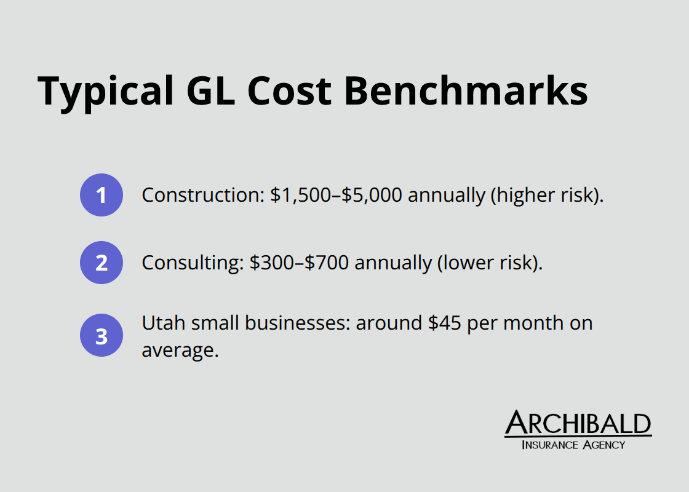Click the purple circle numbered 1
[102, 196]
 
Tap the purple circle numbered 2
[102, 263]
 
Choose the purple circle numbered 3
[102, 336]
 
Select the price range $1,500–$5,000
[337, 196]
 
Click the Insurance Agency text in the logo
[573, 445]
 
